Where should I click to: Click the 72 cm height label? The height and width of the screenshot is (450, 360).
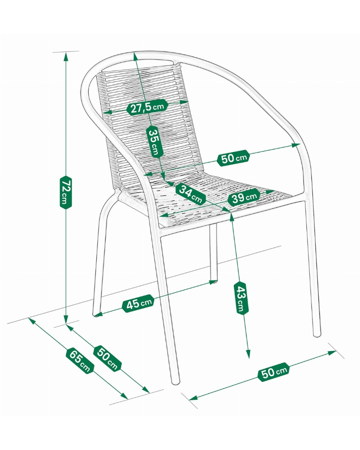coord(65,192)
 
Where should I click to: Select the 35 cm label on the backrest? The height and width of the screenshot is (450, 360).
coord(155,141)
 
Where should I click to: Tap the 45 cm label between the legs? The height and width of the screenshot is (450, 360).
coord(138,303)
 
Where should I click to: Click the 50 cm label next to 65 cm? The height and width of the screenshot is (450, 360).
coord(107,358)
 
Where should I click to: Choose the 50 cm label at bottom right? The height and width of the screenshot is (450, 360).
coord(274,373)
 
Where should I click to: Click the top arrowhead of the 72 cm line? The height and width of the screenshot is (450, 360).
coord(66,57)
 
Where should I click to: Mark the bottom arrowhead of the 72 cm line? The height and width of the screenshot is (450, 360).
coord(66,319)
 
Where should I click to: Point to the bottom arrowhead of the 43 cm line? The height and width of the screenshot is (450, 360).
coord(248,354)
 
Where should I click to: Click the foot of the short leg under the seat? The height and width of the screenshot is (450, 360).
coord(213,281)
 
